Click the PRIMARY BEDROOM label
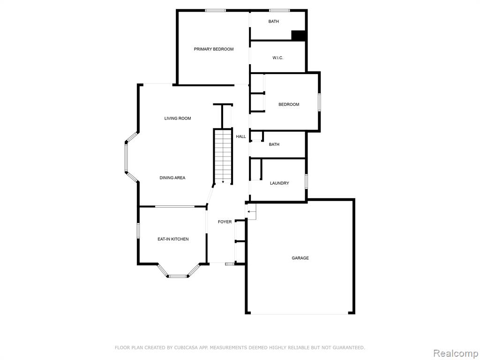pyautogui.click(x=214, y=49)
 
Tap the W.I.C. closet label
pyautogui.click(x=277, y=58)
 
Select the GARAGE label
pyautogui.click(x=300, y=258)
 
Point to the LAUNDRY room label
pyautogui.click(x=279, y=183)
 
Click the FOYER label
pyautogui.click(x=225, y=222)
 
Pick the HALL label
pyautogui.click(x=240, y=136)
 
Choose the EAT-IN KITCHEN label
pyautogui.click(x=173, y=239)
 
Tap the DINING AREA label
pyautogui.click(x=172, y=178)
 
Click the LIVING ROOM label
pyautogui.click(x=178, y=118)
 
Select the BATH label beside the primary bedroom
pyautogui.click(x=274, y=22)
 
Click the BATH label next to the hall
pyautogui.click(x=274, y=144)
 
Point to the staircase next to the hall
pyautogui.click(x=223, y=157)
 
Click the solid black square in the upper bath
pyautogui.click(x=298, y=36)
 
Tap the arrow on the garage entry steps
pyautogui.click(x=251, y=211)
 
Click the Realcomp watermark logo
pyautogui.click(x=456, y=353)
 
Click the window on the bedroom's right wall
pyautogui.click(x=319, y=102)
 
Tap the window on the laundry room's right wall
pyautogui.click(x=306, y=181)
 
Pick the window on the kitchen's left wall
pyautogui.click(x=138, y=231)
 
